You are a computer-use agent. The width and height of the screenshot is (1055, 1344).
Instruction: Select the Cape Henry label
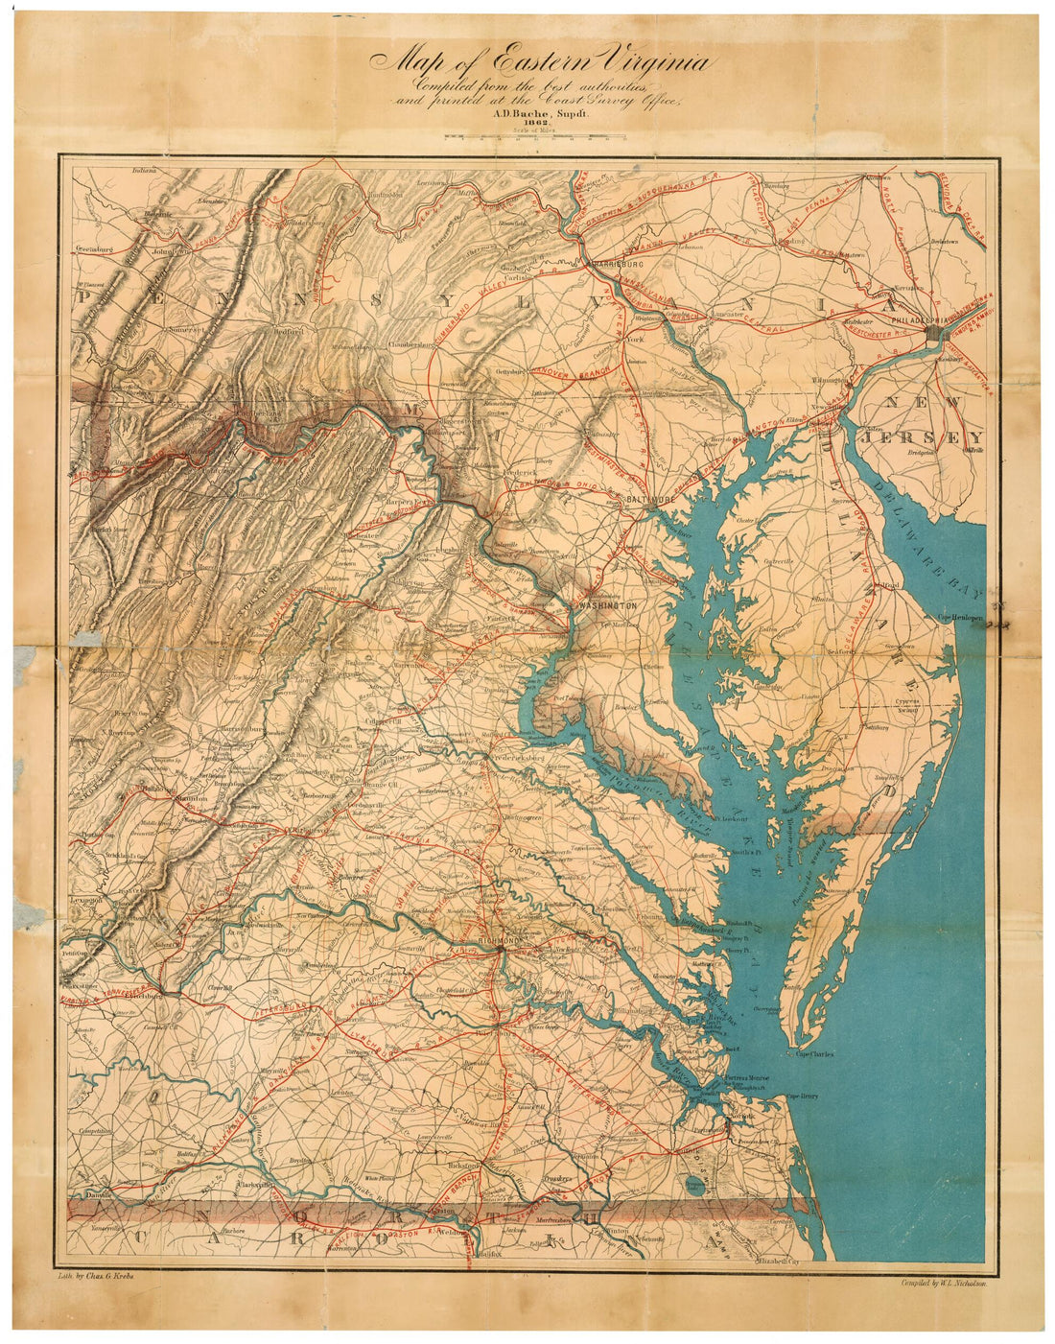803,1096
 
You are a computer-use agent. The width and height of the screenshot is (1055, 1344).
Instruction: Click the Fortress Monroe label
748,1077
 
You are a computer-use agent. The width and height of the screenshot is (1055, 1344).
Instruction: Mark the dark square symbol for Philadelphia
936,331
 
